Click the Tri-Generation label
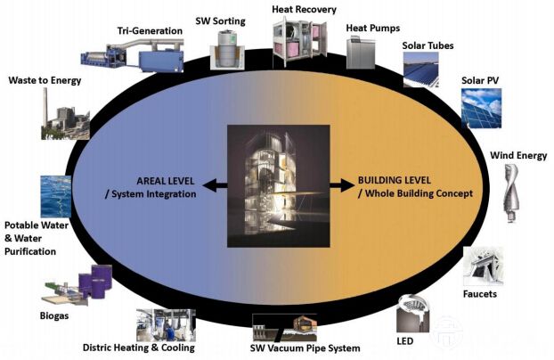[x=150, y=31]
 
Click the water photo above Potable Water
[x=55, y=196]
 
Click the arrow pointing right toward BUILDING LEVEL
[x=343, y=186]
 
